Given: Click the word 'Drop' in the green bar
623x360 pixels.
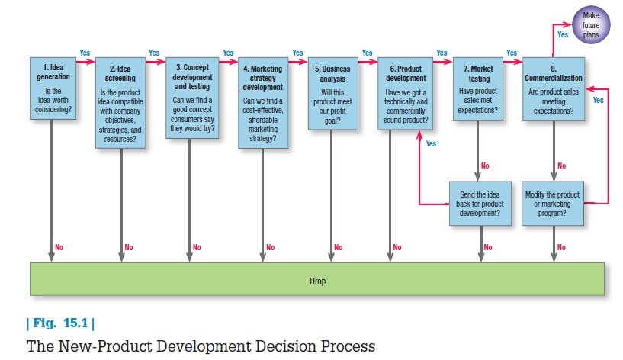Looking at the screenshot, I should click(x=318, y=281).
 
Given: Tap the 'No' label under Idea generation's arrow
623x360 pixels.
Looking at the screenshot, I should click(x=59, y=247).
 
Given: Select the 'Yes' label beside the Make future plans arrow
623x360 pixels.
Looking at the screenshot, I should click(x=564, y=34).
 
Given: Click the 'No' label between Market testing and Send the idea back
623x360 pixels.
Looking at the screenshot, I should click(x=486, y=166).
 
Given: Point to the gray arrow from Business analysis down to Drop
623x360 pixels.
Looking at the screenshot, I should click(x=331, y=191).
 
